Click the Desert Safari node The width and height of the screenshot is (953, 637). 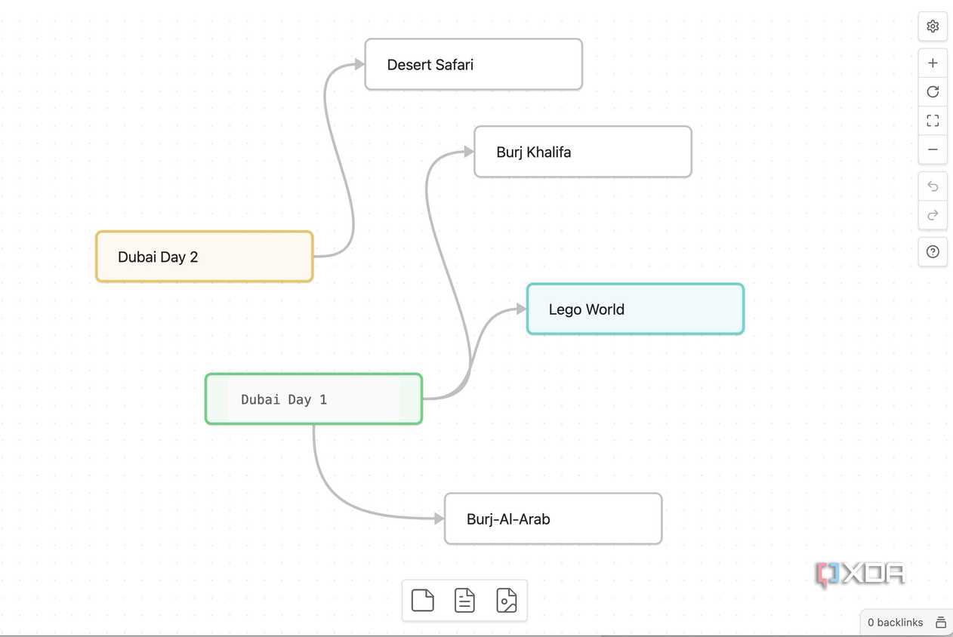click(x=473, y=64)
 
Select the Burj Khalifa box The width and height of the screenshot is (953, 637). click(x=583, y=152)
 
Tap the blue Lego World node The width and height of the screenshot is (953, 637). click(x=636, y=309)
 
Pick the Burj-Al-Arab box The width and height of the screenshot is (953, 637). click(x=553, y=519)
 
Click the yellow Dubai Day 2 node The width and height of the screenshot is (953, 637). click(x=205, y=257)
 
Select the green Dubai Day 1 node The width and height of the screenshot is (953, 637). click(x=314, y=399)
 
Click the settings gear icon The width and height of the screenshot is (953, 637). click(x=933, y=26)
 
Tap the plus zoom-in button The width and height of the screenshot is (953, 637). click(x=933, y=63)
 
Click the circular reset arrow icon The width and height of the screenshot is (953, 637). click(x=933, y=92)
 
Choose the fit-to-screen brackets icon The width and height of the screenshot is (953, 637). click(x=933, y=121)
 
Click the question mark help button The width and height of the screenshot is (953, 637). click(x=933, y=252)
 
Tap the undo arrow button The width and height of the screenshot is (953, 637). click(x=933, y=186)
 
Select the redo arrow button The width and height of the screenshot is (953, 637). click(x=933, y=215)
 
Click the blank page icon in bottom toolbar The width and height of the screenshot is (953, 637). click(x=422, y=601)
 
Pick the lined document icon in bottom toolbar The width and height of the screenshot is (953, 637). click(x=464, y=601)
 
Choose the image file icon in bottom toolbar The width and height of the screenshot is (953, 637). click(x=506, y=601)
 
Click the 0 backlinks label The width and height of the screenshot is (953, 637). click(x=895, y=623)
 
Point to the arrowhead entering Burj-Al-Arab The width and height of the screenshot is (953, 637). click(x=439, y=519)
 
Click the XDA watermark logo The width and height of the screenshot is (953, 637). click(x=860, y=574)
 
